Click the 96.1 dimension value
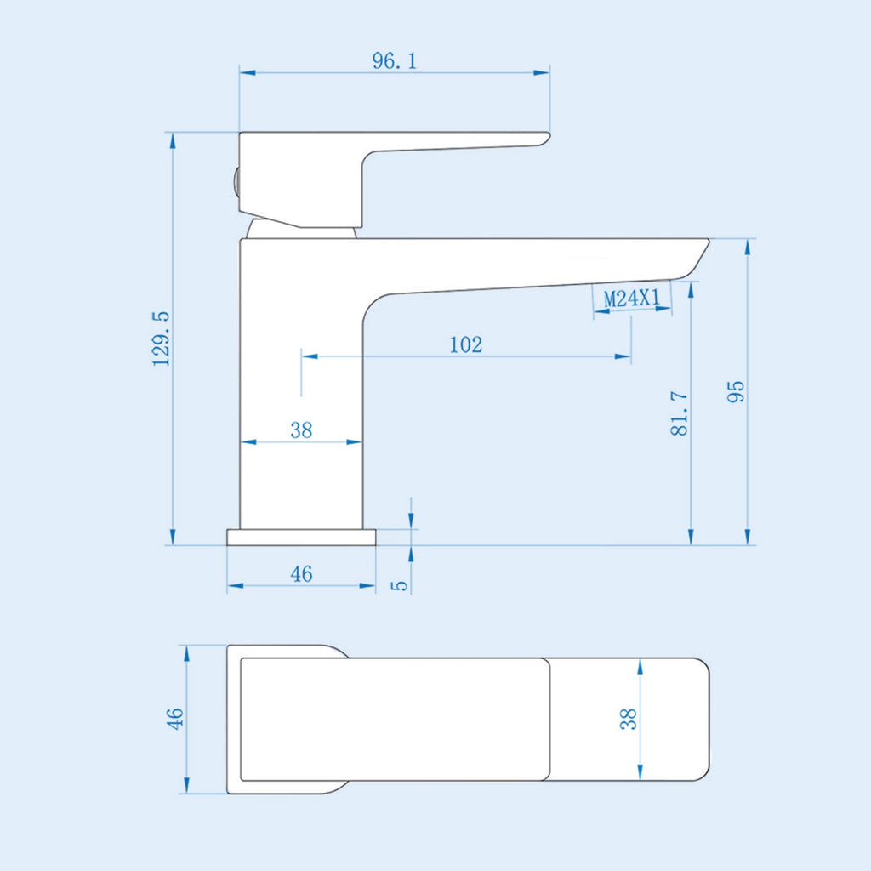tap(395, 60)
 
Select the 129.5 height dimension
tap(161, 339)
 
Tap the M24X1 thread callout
tap(632, 299)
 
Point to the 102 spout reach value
tap(465, 344)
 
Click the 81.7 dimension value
tap(679, 413)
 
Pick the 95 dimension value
tap(735, 391)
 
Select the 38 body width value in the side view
tap(301, 430)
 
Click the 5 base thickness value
tap(400, 585)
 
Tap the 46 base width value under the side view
tap(301, 573)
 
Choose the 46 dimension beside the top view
tap(174, 719)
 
